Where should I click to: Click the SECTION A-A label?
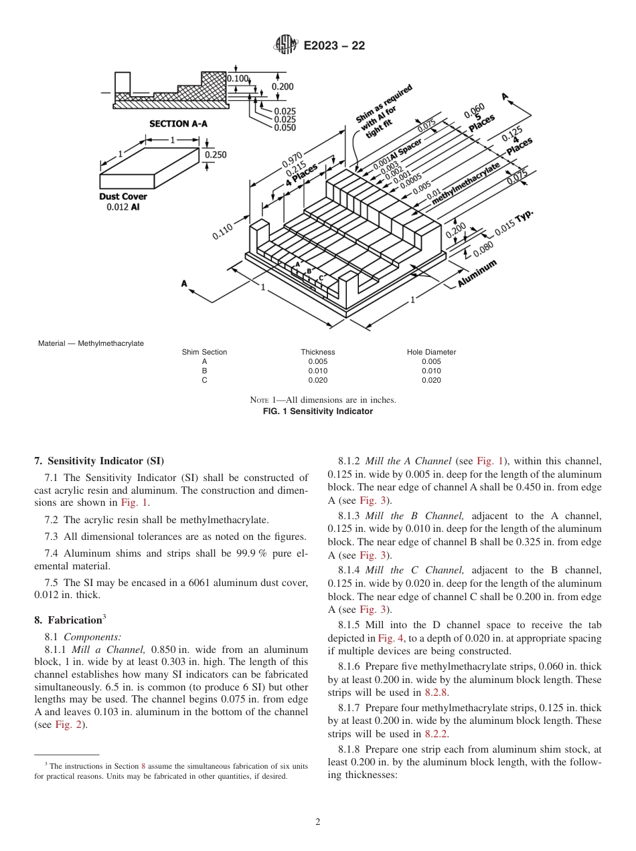(178, 124)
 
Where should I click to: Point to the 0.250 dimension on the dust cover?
(216, 155)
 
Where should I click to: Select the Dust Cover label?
(123, 197)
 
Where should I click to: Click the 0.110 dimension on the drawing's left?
(223, 231)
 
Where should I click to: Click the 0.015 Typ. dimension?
(514, 223)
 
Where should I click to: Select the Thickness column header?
(317, 352)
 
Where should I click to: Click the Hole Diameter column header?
(431, 352)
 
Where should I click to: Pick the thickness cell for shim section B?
(317, 371)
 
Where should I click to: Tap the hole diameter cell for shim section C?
(431, 380)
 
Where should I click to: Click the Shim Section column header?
(204, 352)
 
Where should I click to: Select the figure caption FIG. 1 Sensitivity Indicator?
(318, 411)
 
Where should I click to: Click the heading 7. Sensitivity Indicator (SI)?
(99, 461)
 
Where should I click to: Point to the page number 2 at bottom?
(318, 822)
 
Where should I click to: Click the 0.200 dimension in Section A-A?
(282, 87)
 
